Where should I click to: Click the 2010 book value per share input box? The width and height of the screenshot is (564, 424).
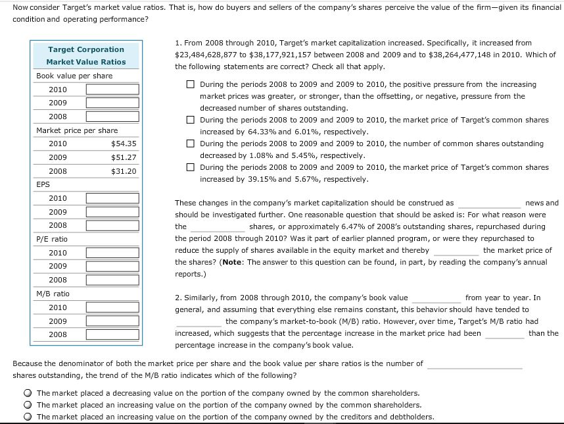click(112, 89)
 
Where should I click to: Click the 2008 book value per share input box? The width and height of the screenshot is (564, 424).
click(112, 117)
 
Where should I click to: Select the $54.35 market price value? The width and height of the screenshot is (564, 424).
click(124, 144)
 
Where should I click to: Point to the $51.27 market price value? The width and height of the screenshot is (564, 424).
click(124, 157)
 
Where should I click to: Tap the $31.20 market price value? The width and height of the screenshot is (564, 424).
click(124, 171)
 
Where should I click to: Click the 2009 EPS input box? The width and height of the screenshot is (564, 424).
click(112, 212)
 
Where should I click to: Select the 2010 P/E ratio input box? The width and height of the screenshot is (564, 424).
click(112, 253)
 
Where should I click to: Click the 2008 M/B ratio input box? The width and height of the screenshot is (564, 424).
click(112, 334)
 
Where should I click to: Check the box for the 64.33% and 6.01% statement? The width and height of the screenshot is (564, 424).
click(190, 120)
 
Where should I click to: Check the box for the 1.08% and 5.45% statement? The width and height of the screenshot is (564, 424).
click(190, 144)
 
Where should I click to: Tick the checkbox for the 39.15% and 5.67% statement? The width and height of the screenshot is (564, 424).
click(190, 167)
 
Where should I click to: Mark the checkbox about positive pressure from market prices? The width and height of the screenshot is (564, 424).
click(190, 84)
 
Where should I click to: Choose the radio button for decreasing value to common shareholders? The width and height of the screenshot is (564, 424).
click(28, 393)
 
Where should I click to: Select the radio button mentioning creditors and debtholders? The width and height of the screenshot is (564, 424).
click(28, 417)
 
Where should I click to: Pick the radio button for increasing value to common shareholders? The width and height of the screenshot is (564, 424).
click(28, 405)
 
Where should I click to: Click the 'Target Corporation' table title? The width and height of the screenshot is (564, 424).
click(85, 49)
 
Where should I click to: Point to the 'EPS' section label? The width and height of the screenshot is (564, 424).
click(43, 185)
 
